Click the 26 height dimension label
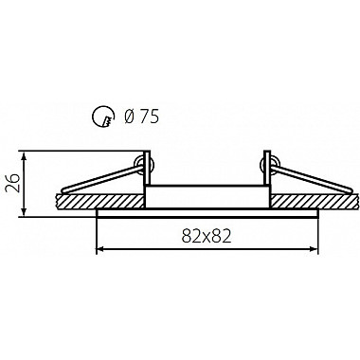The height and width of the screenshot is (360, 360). [x=13, y=183]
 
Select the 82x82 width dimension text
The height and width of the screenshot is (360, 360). [x=207, y=236]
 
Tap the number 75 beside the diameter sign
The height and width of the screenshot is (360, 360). [x=150, y=117]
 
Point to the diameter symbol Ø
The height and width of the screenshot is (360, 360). [x=130, y=117]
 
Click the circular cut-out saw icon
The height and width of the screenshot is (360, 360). [x=102, y=117]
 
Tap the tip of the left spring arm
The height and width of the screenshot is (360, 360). [x=63, y=190]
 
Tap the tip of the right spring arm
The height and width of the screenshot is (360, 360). [x=351, y=190]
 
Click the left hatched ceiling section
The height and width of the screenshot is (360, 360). [x=100, y=201]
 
